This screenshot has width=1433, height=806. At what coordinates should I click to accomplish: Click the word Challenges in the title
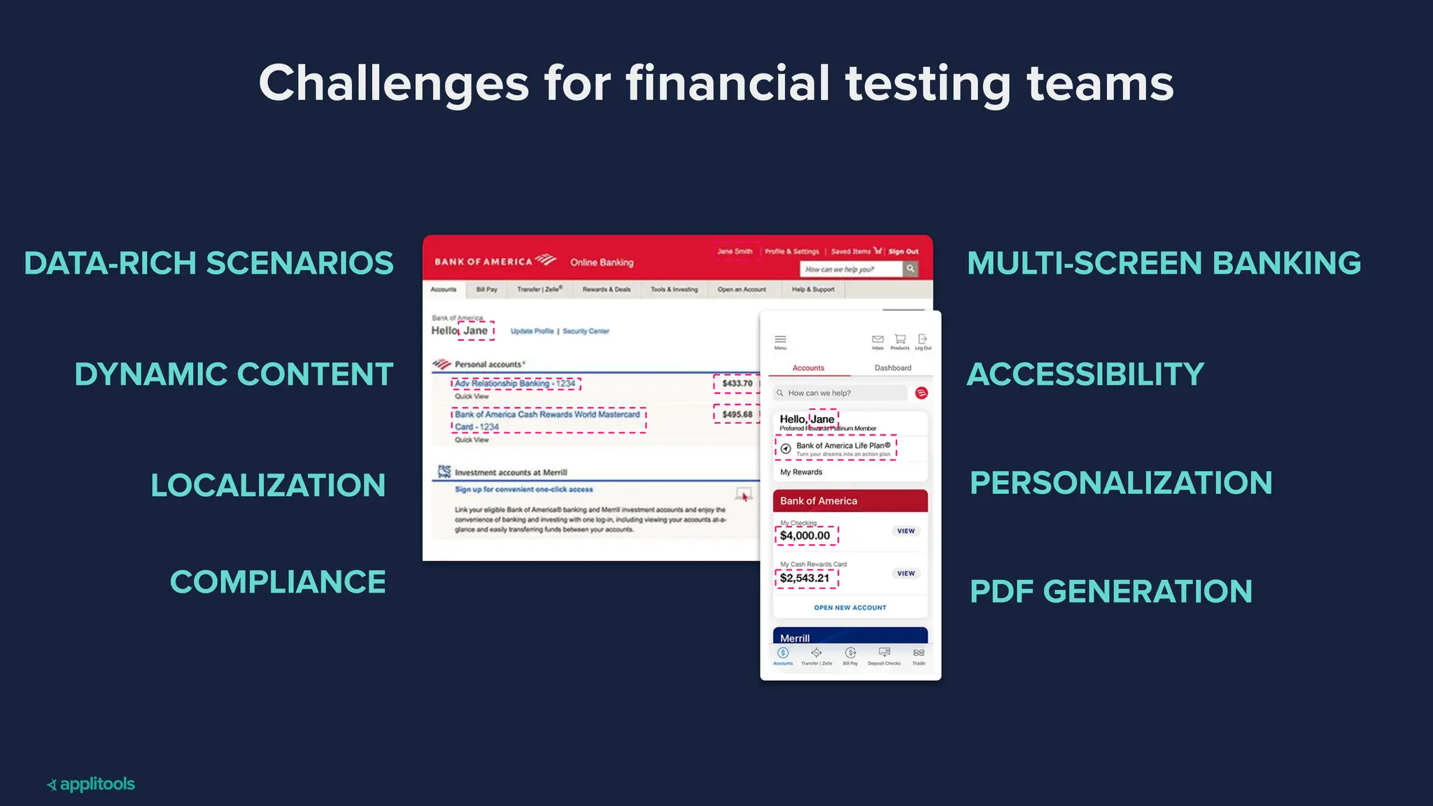pos(393,84)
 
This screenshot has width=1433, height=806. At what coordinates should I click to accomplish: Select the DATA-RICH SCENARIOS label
pos(209,264)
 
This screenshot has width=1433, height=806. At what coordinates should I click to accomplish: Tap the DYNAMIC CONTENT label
pos(234,374)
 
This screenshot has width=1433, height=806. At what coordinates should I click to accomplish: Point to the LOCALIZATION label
pos(268,486)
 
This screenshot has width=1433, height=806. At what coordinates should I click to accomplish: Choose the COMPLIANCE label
pos(278,582)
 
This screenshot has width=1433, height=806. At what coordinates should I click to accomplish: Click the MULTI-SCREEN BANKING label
pos(1164,264)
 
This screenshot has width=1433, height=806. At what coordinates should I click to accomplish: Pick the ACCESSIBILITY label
pos(1085,374)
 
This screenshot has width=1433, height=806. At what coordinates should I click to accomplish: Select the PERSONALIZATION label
pos(1121,483)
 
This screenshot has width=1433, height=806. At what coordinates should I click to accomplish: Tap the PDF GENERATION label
pos(1111,592)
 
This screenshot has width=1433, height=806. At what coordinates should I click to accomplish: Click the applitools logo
pos(91,784)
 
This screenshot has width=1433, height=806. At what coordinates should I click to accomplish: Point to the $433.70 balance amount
pos(737,383)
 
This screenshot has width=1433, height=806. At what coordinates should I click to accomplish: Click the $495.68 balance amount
pos(737,414)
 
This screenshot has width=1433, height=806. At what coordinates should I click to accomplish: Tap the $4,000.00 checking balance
pos(805,536)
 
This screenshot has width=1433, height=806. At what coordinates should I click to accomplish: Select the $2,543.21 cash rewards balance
pos(805,578)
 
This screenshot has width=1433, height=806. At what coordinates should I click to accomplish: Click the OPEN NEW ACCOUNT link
pos(850,608)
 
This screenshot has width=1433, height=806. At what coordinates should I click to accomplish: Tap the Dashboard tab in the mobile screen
pos(893,368)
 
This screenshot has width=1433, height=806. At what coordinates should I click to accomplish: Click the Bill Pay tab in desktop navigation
pos(486,290)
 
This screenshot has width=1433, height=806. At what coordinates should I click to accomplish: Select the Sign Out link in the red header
pos(903,252)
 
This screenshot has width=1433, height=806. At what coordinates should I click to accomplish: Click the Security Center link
pos(586,332)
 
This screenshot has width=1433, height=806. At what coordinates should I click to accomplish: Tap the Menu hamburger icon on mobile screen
pos(780,341)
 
